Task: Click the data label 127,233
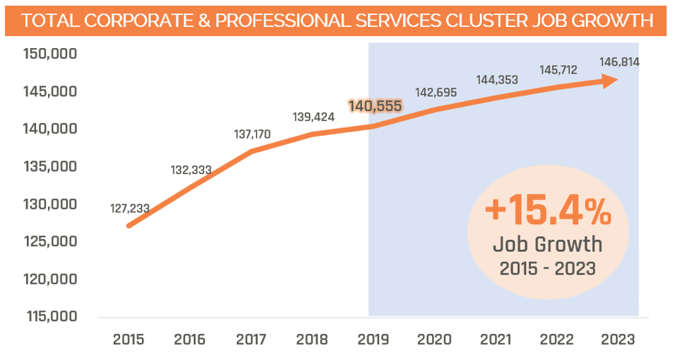130,209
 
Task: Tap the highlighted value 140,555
375,106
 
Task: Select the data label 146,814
619,62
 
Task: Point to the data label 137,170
252,134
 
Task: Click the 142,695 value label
436,92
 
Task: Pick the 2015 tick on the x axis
129,339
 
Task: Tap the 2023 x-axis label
618,339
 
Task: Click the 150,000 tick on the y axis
50,54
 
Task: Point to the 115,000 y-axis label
50,316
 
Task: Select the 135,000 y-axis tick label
50,167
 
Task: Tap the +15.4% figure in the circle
548,211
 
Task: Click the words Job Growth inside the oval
548,245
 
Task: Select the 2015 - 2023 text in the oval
548,269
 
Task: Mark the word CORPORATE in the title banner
124,21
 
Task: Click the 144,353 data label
498,80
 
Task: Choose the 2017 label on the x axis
252,339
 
